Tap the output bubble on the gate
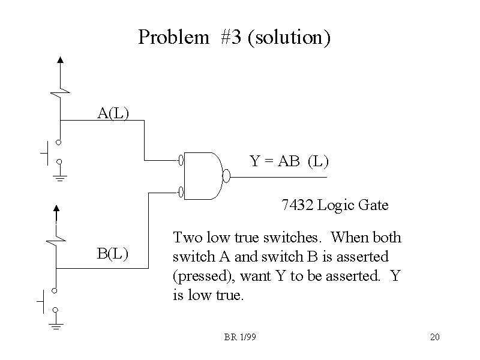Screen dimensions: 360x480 (x=226, y=176)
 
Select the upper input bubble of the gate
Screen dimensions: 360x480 (x=181, y=160)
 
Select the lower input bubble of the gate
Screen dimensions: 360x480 (x=181, y=192)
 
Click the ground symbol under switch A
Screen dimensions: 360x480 (x=59, y=178)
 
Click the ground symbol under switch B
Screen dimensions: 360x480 (x=56, y=326)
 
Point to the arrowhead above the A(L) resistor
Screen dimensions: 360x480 (x=60, y=59)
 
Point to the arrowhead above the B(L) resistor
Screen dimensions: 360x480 (x=56, y=208)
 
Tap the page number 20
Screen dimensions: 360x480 (x=435, y=337)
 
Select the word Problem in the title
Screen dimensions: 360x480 (x=172, y=37)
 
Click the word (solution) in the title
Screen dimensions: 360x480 (x=289, y=37)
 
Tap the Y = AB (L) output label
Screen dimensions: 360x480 (x=289, y=161)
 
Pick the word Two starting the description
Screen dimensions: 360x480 (x=185, y=237)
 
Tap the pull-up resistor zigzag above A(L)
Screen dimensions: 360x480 (x=60, y=89)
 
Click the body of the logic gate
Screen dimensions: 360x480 (x=203, y=176)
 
